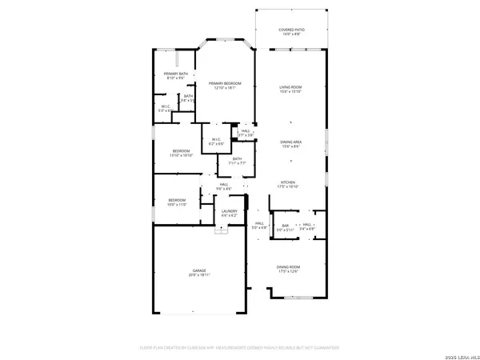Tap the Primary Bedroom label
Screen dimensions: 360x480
click(x=225, y=83)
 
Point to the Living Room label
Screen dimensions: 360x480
click(x=290, y=88)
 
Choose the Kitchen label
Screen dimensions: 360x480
click(x=289, y=182)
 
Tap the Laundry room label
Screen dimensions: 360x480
click(x=230, y=210)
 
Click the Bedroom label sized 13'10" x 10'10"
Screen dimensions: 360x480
click(x=180, y=151)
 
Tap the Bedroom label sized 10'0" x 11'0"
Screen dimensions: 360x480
click(x=177, y=200)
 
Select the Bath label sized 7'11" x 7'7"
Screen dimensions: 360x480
click(x=237, y=158)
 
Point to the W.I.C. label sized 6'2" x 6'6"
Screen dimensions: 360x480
click(x=216, y=139)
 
